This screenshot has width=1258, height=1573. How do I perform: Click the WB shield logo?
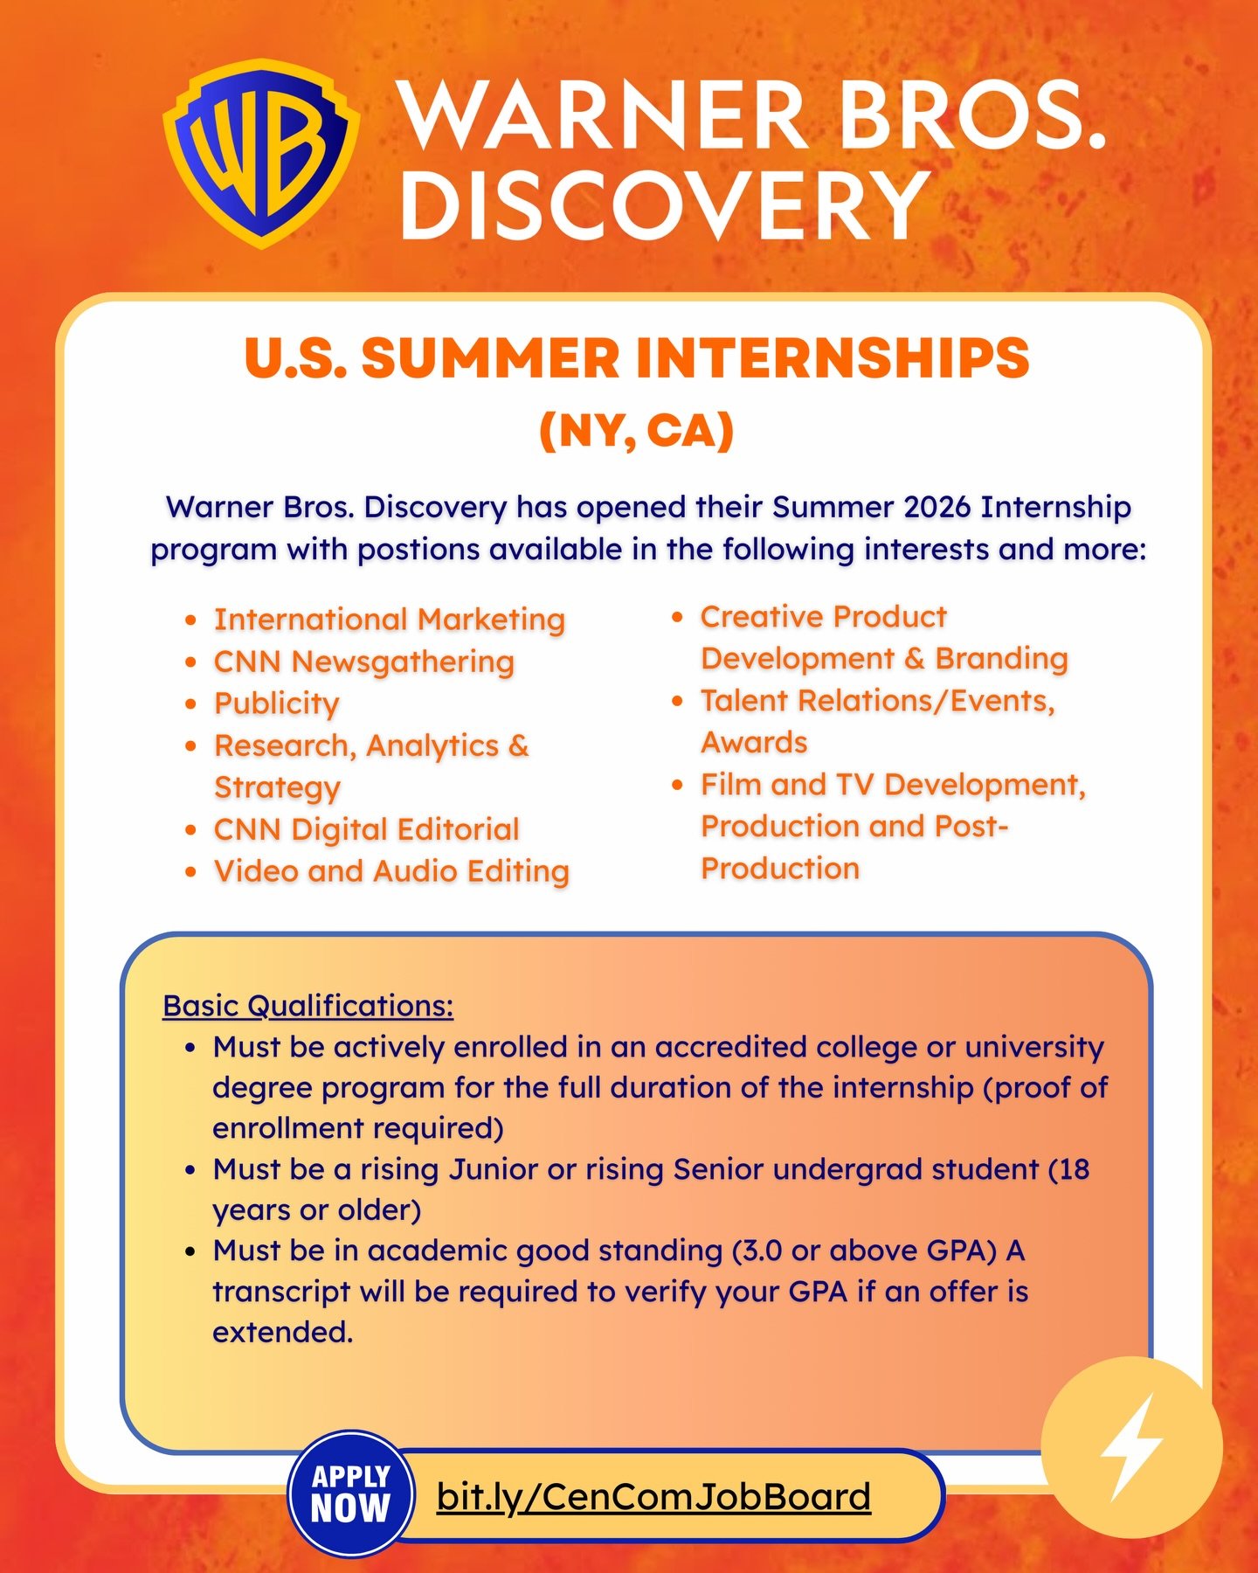(260, 154)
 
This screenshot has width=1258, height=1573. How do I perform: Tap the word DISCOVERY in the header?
(664, 206)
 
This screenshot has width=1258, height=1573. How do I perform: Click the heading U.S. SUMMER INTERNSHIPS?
(637, 358)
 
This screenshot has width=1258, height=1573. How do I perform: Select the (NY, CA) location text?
(637, 430)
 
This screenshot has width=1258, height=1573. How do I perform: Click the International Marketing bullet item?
(390, 620)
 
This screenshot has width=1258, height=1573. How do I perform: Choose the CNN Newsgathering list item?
(364, 662)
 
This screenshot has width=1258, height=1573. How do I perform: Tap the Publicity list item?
(277, 703)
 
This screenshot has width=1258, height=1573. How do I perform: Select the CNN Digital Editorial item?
(367, 829)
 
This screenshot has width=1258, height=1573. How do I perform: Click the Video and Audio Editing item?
(392, 871)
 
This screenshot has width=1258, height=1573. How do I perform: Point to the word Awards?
(755, 743)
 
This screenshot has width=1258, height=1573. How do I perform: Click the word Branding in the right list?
(1001, 659)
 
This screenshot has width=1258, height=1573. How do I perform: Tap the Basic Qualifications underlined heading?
(308, 1006)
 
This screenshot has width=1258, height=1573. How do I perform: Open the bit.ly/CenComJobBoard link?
(653, 1496)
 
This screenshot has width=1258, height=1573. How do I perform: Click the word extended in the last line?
(283, 1332)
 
